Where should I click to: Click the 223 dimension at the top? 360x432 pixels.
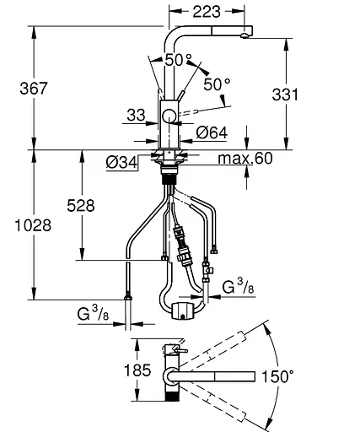pos(207,12)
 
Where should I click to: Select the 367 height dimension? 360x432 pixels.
pos(34,89)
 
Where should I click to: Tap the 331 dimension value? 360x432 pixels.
pos(285,94)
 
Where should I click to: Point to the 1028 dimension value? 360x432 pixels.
pos(33,225)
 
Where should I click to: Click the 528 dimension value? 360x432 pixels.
pos(81,206)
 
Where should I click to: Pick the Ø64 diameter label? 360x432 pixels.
pos(212,132)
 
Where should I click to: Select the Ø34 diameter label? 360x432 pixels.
pos(122,162)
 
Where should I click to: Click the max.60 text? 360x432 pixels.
pos(245,158)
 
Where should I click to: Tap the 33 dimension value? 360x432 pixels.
pos(136,115)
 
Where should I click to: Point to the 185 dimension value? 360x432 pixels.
pos(137,370)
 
